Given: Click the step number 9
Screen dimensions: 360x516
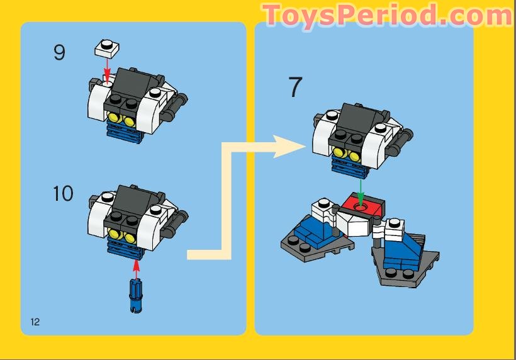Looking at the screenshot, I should point(59,52).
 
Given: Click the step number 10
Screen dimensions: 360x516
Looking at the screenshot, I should point(63,193).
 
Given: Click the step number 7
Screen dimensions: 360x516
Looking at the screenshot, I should point(295,88).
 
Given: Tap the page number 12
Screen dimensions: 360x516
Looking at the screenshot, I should point(35,322).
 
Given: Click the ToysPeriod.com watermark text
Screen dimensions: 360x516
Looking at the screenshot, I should point(387,15).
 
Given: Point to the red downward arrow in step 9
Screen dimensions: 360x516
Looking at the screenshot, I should point(107,67).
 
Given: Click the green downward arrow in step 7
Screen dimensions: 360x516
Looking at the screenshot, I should point(360,188).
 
